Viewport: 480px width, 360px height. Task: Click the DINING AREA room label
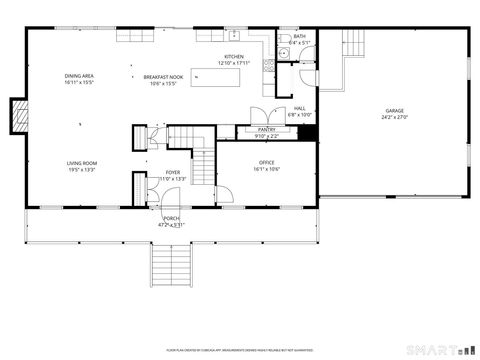(79, 76)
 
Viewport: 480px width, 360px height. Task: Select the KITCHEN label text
(234, 57)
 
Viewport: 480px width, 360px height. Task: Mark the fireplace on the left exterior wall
(17, 115)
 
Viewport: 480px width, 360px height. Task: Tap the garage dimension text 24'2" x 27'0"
(395, 117)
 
